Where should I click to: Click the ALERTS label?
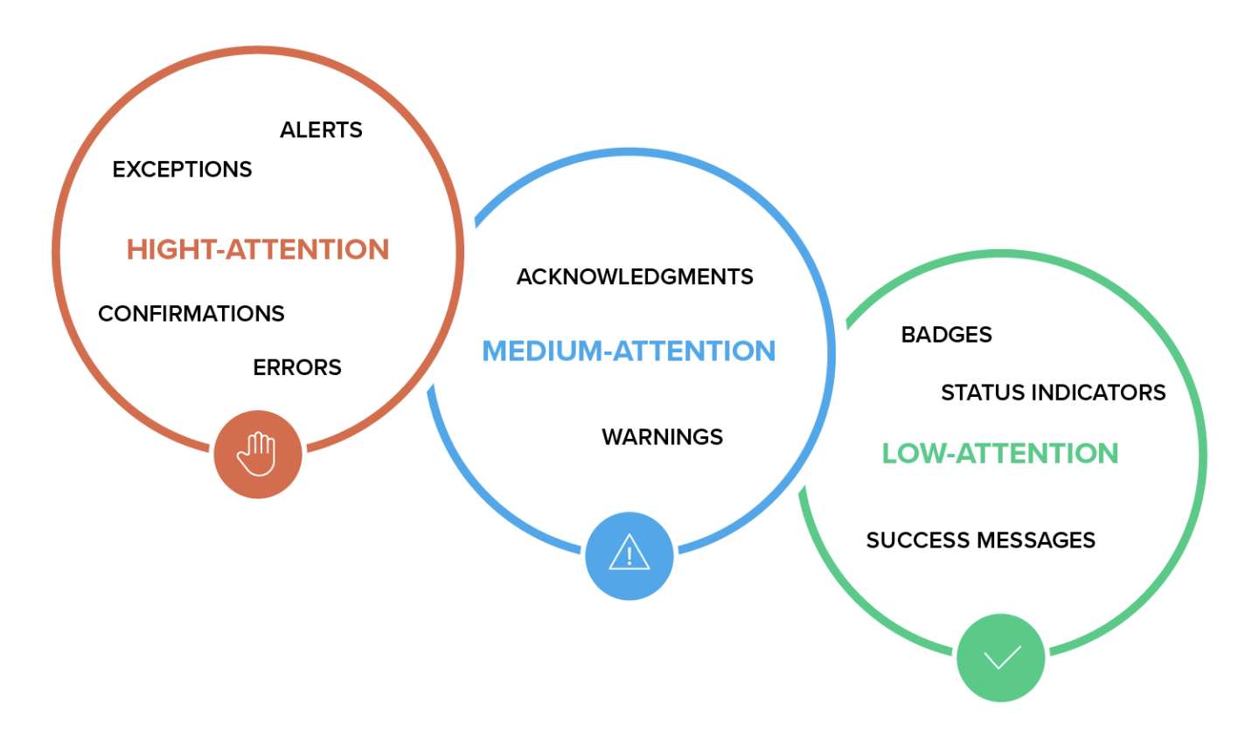click(x=321, y=130)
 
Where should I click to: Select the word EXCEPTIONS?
click(x=182, y=169)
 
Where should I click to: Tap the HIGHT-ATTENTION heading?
click(x=258, y=249)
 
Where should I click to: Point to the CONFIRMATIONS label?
click(x=191, y=313)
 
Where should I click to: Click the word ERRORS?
click(x=297, y=367)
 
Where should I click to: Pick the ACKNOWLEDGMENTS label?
click(x=635, y=277)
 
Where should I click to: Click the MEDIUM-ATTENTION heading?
click(x=629, y=351)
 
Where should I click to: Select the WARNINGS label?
click(x=662, y=436)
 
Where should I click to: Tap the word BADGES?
click(x=946, y=335)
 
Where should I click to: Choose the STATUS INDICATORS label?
click(x=1053, y=393)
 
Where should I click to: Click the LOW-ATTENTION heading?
click(x=999, y=453)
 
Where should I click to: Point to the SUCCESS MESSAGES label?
click(x=980, y=540)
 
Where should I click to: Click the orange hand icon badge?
click(x=258, y=455)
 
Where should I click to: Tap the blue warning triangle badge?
click(x=629, y=556)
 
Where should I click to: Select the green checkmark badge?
click(x=1001, y=658)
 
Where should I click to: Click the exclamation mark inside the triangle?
click(x=629, y=557)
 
